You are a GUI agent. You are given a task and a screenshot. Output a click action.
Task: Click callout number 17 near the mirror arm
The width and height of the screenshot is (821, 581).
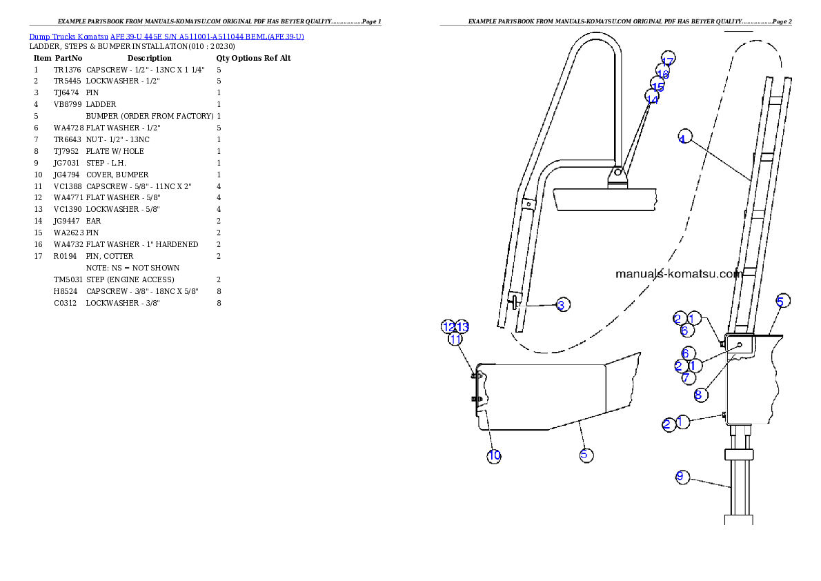(667, 60)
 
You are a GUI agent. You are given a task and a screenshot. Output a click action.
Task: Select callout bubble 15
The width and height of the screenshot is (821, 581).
(657, 86)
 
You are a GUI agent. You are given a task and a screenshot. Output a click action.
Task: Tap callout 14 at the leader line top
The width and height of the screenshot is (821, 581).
(651, 99)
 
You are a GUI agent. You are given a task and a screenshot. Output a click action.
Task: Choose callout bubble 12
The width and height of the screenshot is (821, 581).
(448, 326)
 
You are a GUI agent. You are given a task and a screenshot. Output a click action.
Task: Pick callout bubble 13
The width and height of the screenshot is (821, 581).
(462, 326)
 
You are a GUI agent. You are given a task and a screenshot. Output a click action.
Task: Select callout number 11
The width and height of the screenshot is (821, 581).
(455, 339)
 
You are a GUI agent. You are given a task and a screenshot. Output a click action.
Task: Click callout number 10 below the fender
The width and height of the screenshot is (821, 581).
(494, 455)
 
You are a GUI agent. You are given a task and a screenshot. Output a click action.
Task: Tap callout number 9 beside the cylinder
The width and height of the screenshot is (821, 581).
(682, 477)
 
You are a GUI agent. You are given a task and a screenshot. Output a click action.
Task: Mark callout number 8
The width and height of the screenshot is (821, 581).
(698, 395)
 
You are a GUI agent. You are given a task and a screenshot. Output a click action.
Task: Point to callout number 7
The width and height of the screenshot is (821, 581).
(686, 377)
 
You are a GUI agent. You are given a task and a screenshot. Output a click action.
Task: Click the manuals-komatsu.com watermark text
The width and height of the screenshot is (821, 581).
(678, 273)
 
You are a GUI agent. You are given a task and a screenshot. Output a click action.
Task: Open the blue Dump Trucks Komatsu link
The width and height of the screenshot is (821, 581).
(166, 36)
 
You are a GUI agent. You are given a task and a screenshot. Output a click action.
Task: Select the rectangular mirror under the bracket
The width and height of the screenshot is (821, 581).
(605, 199)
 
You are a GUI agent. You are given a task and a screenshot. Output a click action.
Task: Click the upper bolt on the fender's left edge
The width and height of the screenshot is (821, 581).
(473, 375)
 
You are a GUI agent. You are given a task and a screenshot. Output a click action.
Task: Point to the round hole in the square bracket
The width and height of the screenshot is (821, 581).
(740, 344)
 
